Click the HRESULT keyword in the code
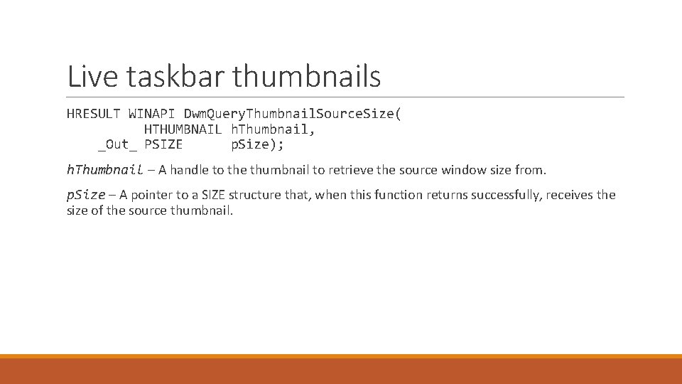click(94, 114)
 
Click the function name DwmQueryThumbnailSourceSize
click(292, 114)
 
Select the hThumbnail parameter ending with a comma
click(273, 129)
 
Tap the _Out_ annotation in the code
click(117, 144)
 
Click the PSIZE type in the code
click(163, 144)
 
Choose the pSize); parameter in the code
click(257, 144)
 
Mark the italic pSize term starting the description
click(86, 195)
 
